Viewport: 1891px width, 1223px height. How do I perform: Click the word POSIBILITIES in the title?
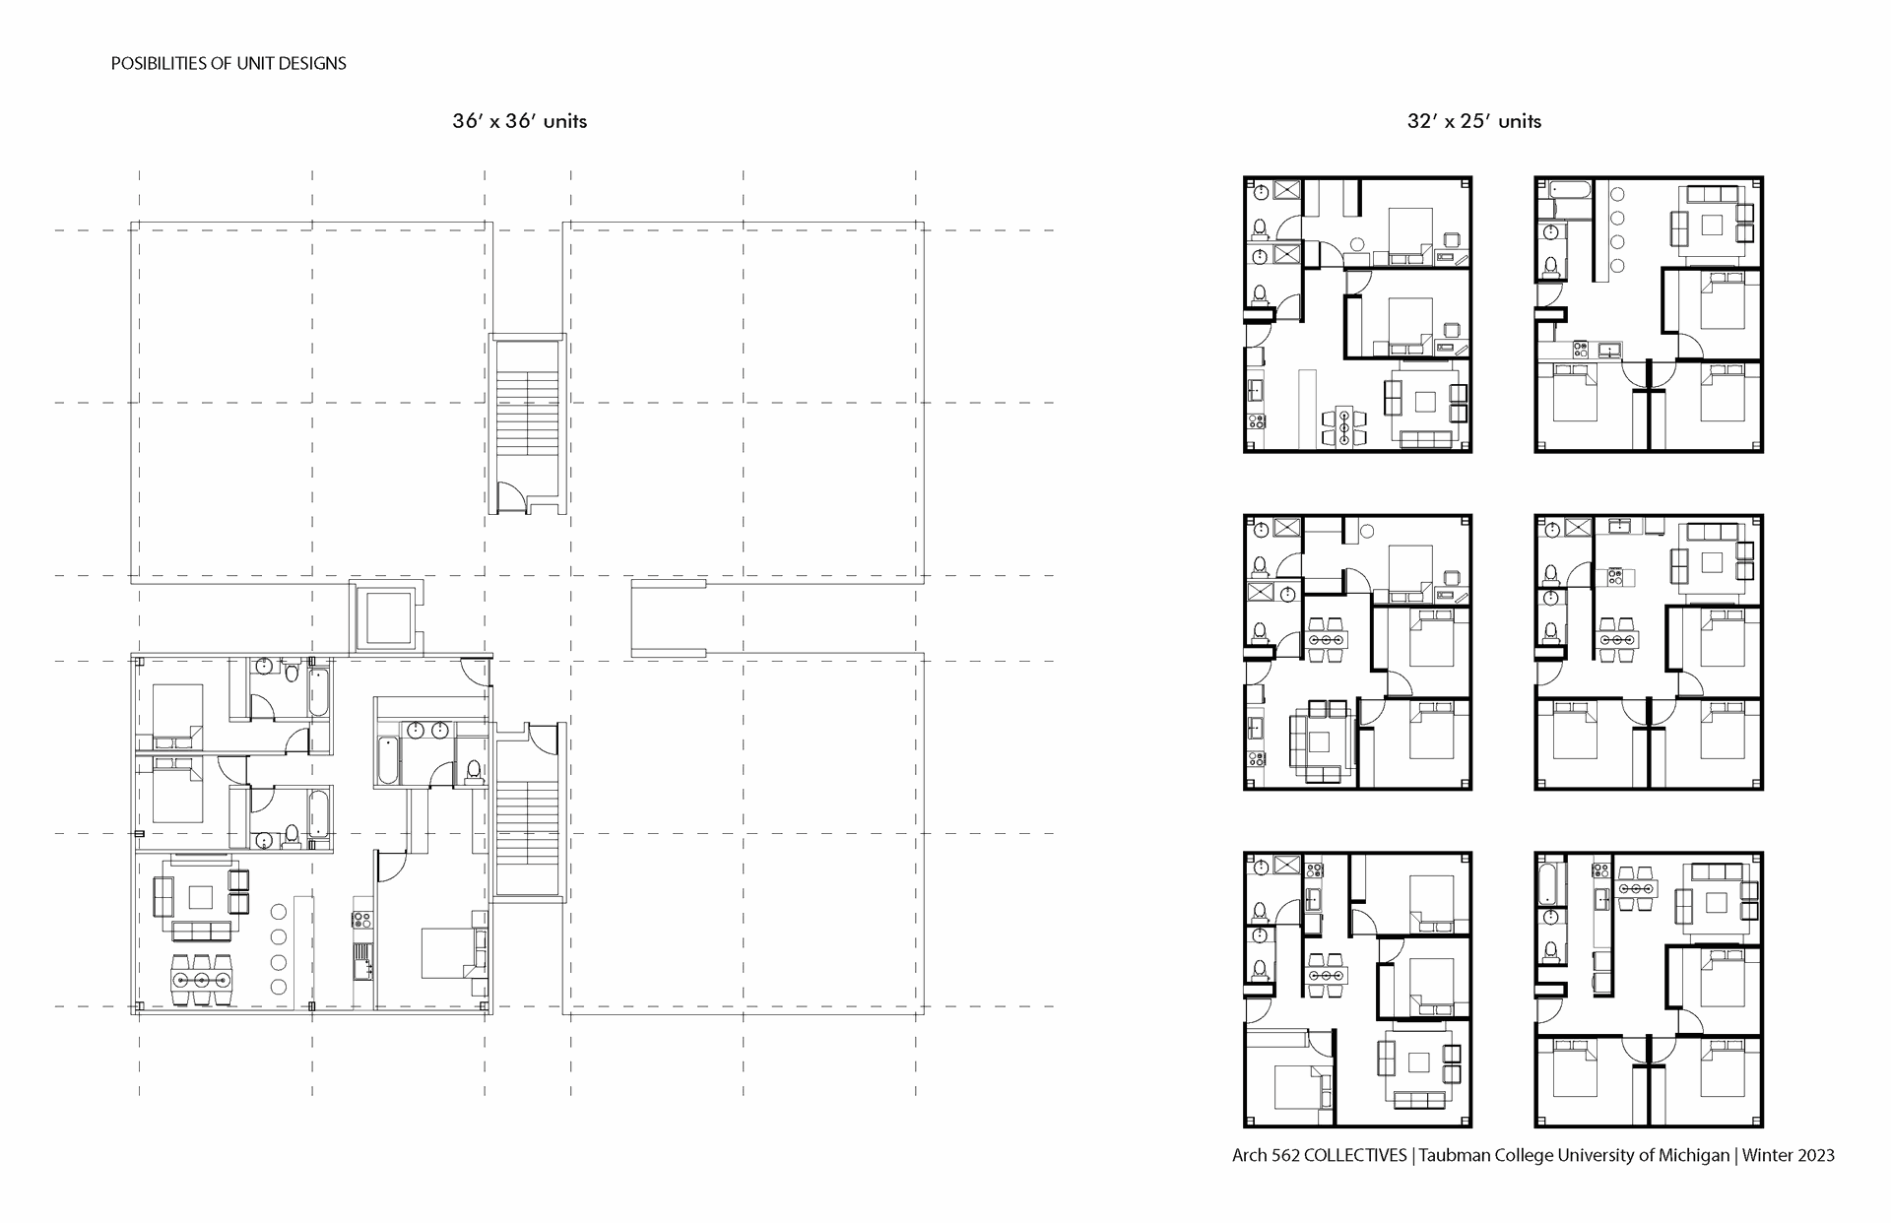[158, 64]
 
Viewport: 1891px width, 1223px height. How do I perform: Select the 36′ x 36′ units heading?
[520, 121]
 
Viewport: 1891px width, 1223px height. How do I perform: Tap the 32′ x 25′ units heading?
[1474, 121]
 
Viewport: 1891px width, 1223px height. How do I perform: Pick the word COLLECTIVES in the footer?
[1355, 1156]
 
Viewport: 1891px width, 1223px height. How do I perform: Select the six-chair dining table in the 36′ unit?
[201, 980]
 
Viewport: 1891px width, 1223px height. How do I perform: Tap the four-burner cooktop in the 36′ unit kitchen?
[361, 921]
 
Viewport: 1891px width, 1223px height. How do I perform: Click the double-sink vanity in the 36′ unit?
[426, 730]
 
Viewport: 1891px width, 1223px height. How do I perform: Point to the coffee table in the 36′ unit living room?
[201, 897]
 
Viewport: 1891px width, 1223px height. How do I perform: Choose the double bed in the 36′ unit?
[448, 952]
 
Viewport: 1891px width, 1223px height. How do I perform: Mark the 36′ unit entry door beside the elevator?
[477, 671]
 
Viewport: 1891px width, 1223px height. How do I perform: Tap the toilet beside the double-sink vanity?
[473, 769]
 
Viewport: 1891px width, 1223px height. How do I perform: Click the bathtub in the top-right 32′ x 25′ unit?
[1565, 200]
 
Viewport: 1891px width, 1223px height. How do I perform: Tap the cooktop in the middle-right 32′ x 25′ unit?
[1616, 577]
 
